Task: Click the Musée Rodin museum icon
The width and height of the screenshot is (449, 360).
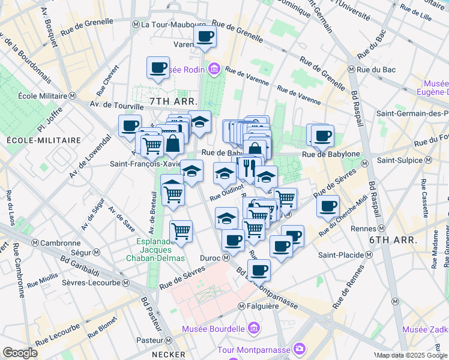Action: tap(214, 70)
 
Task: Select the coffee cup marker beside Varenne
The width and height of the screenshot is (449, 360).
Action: tap(205, 37)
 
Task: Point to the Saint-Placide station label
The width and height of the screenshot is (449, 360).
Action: tap(339, 255)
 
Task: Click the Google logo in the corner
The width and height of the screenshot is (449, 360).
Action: tap(20, 353)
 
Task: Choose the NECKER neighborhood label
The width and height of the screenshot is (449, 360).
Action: tap(169, 355)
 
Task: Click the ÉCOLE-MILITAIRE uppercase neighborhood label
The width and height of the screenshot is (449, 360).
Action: tap(43, 140)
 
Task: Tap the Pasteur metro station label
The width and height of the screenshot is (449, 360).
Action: tap(150, 340)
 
